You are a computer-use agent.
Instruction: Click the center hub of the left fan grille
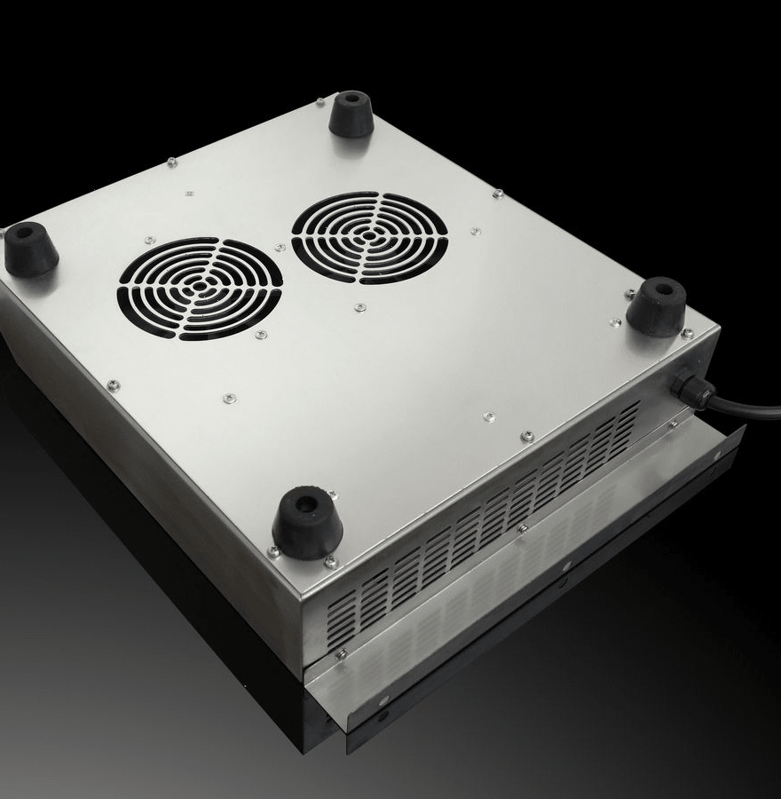pyautogui.click(x=200, y=288)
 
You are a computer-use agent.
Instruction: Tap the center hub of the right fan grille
pyautogui.click(x=369, y=237)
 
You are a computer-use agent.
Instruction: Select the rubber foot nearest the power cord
pyautogui.click(x=656, y=306)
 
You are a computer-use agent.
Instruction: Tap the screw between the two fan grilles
pyautogui.click(x=280, y=248)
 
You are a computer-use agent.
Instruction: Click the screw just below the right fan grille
pyautogui.click(x=359, y=307)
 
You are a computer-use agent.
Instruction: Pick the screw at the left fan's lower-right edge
pyautogui.click(x=261, y=335)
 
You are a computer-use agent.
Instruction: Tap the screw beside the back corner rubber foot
pyautogui.click(x=320, y=103)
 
